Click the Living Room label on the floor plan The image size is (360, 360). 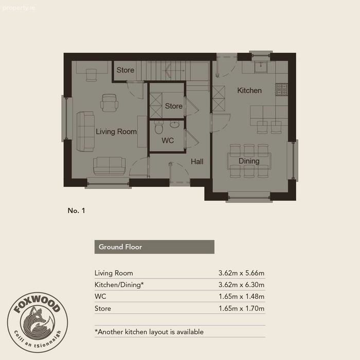(x=116, y=132)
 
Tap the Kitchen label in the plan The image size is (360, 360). (x=249, y=91)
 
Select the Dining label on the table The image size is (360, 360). (x=249, y=161)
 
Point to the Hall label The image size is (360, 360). (x=197, y=161)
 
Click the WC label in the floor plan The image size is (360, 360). (x=168, y=140)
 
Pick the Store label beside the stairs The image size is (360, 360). (x=125, y=70)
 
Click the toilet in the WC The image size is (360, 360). (x=159, y=128)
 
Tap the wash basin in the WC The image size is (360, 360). (x=174, y=124)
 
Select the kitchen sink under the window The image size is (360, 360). (x=261, y=67)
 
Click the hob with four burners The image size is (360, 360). (x=281, y=89)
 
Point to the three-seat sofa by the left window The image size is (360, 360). (x=85, y=132)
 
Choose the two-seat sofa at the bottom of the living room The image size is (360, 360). (x=109, y=166)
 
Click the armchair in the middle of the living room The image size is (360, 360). (x=109, y=103)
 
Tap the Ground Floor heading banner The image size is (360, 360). (x=154, y=247)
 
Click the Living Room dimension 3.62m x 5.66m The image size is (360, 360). (x=241, y=273)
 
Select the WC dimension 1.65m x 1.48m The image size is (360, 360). (x=241, y=296)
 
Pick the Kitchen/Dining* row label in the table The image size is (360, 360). (x=119, y=285)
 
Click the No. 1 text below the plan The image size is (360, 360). (x=76, y=210)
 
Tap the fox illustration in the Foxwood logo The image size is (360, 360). (x=38, y=321)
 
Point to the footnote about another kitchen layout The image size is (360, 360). (x=149, y=332)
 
